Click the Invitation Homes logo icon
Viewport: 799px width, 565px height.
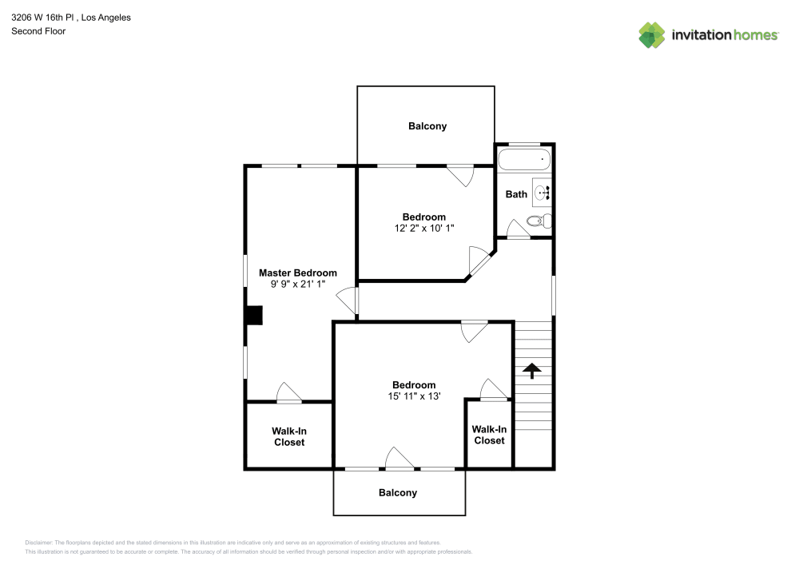click(x=651, y=34)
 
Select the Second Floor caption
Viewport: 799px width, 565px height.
click(x=38, y=31)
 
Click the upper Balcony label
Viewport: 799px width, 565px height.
click(x=427, y=126)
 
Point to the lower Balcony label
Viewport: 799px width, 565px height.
click(x=398, y=493)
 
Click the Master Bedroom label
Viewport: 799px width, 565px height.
click(x=297, y=273)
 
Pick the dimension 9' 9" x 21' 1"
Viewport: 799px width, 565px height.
click(x=297, y=284)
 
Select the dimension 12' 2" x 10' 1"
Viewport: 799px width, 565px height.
click(x=423, y=229)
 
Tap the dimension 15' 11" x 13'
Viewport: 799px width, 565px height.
click(x=413, y=396)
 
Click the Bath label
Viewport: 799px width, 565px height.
click(x=516, y=194)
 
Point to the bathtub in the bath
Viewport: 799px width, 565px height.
click(x=524, y=160)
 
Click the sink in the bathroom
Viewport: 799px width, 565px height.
click(x=543, y=193)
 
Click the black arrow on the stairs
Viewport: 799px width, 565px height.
click(x=531, y=369)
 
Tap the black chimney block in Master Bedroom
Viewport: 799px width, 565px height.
click(x=254, y=316)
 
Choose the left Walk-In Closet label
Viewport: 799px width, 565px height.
click(x=288, y=436)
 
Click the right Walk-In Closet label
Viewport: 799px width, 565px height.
click(x=489, y=435)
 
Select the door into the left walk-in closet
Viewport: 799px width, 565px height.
click(x=288, y=392)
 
